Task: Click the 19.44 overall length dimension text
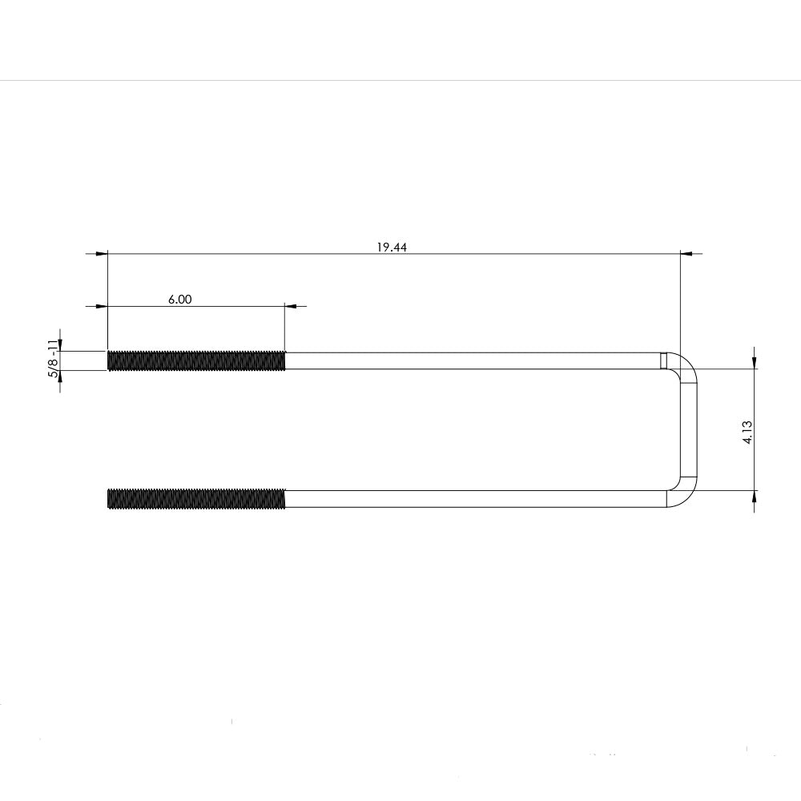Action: (x=392, y=248)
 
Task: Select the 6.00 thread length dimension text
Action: (x=180, y=300)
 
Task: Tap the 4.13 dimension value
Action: (x=747, y=429)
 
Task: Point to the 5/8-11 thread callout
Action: (x=53, y=359)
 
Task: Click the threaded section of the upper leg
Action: (x=196, y=360)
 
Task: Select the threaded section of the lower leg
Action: (x=196, y=498)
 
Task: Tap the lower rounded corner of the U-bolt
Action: (x=686, y=494)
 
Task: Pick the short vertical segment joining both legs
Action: (x=690, y=429)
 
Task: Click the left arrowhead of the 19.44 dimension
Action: (x=101, y=254)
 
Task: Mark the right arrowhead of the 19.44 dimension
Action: (x=686, y=254)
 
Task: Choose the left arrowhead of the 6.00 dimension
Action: (x=101, y=306)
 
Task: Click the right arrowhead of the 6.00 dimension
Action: (x=291, y=306)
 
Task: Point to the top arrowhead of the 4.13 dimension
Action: (x=754, y=363)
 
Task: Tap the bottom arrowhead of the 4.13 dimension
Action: (x=754, y=496)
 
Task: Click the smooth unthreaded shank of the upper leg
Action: (x=473, y=360)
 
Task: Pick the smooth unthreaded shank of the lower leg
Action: (x=473, y=498)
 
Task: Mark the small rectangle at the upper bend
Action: (x=663, y=361)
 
